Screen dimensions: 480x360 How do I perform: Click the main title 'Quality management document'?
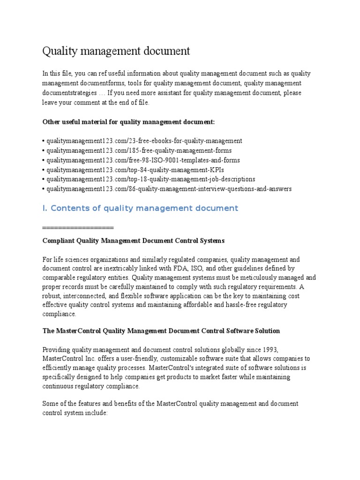(x=116, y=51)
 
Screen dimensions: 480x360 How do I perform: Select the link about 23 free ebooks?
(x=143, y=141)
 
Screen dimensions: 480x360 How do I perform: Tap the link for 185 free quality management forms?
(x=138, y=150)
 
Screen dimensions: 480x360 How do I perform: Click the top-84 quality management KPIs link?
(x=132, y=170)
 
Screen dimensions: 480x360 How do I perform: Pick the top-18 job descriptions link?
(x=150, y=179)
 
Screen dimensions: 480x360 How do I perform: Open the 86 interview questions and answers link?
(x=168, y=189)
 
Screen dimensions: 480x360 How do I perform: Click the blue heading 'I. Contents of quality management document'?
(x=140, y=208)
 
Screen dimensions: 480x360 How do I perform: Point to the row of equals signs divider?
(x=78, y=227)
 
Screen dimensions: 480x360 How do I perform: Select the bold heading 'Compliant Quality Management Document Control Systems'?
(x=134, y=240)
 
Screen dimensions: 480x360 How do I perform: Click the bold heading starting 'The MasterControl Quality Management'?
(x=161, y=331)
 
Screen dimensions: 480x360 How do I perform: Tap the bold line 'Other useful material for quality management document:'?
(x=129, y=122)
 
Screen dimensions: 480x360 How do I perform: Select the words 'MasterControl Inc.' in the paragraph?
(x=68, y=359)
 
